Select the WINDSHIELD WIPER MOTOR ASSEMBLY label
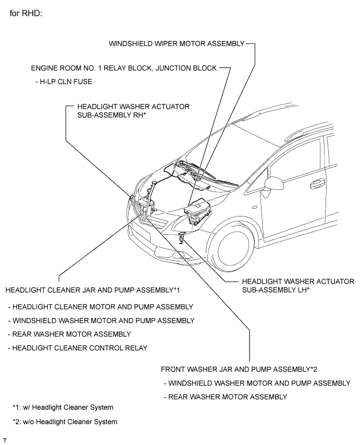pos(177,44)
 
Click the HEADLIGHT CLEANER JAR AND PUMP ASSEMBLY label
pos(93,289)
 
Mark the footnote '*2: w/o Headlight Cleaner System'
pos(65,422)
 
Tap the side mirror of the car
pos(273,183)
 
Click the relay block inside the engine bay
pos(198,209)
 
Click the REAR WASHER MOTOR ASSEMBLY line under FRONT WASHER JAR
pos(225,397)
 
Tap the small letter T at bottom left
pos(5,440)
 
